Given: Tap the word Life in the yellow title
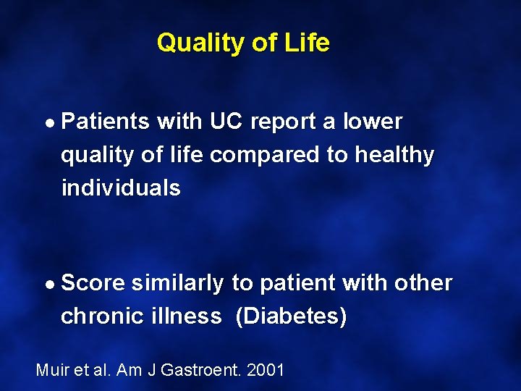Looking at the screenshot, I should [307, 43].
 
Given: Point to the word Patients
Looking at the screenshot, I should [106, 122].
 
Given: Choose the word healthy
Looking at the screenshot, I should [394, 155].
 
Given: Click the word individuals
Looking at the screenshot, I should [121, 188].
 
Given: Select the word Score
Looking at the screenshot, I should [93, 283].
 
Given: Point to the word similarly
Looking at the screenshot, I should [177, 283].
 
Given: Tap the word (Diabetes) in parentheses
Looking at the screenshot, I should [291, 316].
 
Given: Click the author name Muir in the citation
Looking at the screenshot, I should [51, 371].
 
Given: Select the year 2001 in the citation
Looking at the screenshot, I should [266, 371].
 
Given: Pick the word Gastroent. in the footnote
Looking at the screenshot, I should [203, 371].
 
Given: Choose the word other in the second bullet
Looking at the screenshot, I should [423, 283].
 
